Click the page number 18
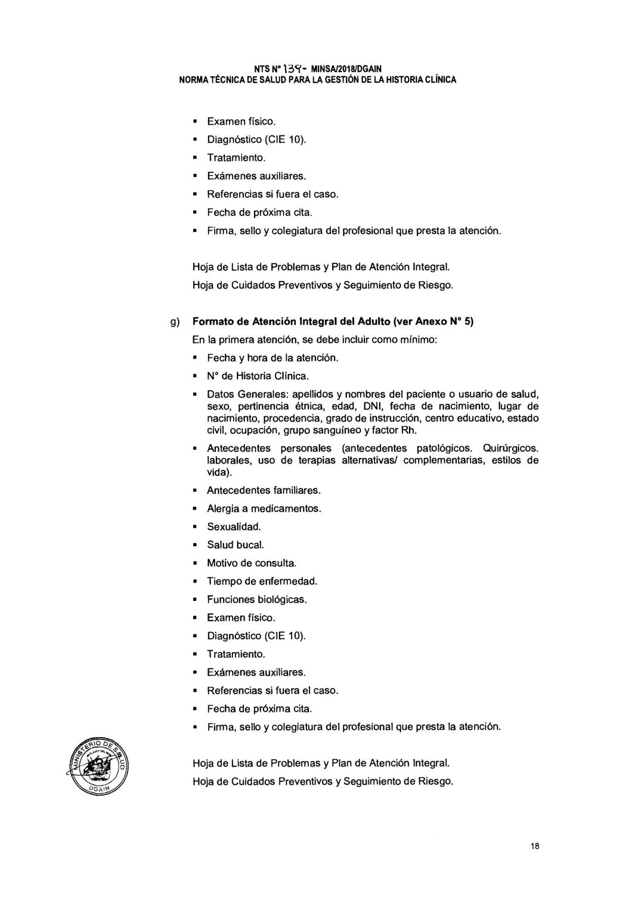click(x=534, y=846)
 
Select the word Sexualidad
click(x=234, y=527)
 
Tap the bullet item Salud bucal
click(x=235, y=545)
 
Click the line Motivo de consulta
click(x=251, y=564)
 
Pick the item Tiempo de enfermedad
click(x=262, y=581)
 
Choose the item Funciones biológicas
click(x=256, y=599)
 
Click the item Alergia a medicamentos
click(x=264, y=509)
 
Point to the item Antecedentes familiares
click(x=264, y=491)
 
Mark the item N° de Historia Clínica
click(x=258, y=376)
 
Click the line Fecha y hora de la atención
click(x=273, y=358)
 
